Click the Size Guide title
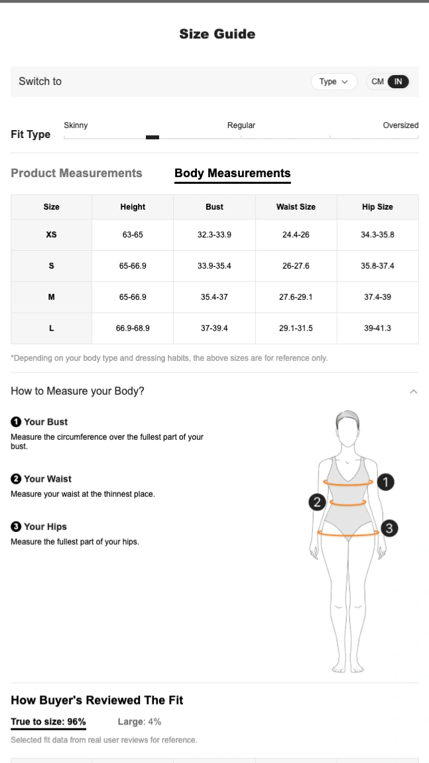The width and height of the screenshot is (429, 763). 217,34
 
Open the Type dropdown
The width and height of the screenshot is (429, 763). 334,82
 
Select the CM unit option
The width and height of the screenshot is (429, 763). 377,82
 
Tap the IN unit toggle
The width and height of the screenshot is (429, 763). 398,82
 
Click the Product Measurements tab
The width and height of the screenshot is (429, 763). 76,173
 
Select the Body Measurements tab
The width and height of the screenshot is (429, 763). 233,173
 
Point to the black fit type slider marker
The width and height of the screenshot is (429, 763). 153,137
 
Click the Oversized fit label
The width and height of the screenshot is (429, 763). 400,125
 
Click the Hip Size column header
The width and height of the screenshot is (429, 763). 377,207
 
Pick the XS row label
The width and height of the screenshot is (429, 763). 51,235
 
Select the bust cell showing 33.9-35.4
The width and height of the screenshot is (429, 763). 214,265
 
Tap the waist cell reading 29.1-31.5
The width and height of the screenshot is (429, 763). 296,328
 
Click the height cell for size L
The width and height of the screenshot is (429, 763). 133,328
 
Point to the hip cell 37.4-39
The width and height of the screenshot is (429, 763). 377,297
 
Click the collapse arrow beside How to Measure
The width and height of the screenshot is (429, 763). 414,391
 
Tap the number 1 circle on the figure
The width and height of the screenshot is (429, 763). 385,482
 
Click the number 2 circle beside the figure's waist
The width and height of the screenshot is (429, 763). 317,502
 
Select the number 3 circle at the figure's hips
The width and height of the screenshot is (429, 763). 389,528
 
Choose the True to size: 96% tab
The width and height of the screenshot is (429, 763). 48,722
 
